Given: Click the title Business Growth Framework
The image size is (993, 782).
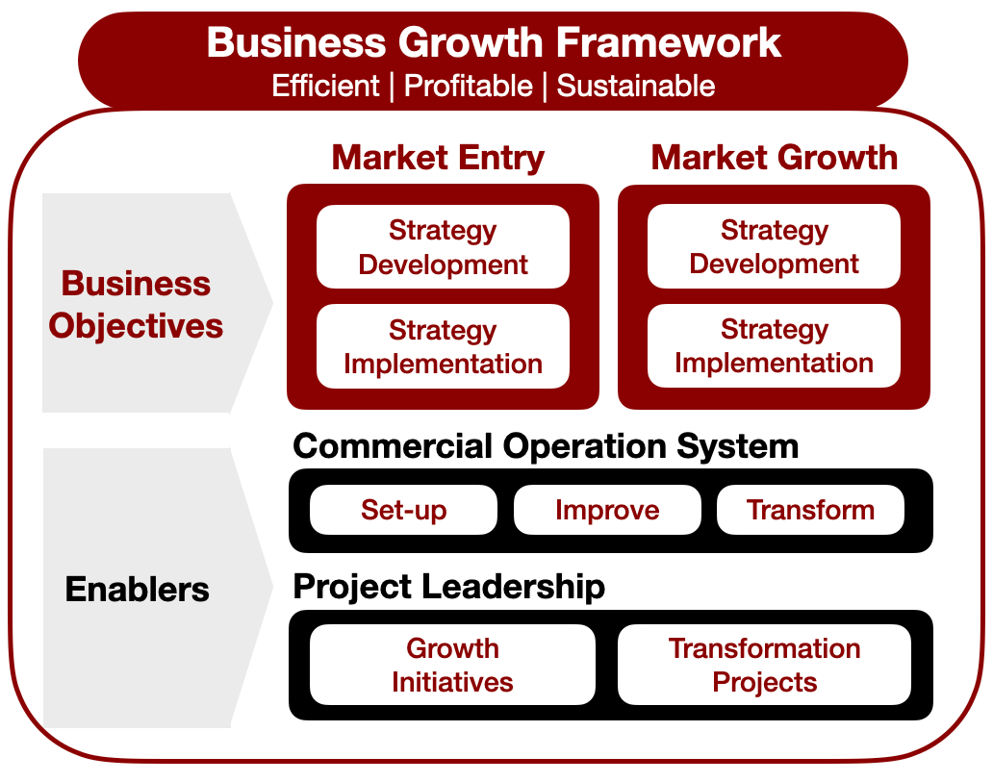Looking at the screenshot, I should click(x=493, y=43).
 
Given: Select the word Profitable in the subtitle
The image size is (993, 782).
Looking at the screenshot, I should click(x=468, y=86).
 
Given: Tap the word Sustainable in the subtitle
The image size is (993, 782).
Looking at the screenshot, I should click(x=636, y=86).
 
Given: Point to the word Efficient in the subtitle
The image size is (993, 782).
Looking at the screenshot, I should click(x=325, y=86).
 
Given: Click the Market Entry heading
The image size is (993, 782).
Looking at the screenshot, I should click(x=438, y=158).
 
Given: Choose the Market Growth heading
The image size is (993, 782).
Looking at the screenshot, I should click(x=774, y=158).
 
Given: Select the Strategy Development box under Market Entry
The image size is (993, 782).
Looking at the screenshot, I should click(x=443, y=247).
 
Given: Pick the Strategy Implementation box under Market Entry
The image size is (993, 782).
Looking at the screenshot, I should click(x=443, y=347).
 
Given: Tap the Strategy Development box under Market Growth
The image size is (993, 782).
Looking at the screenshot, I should click(x=774, y=246).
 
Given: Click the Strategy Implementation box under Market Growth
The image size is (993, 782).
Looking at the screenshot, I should click(x=774, y=346).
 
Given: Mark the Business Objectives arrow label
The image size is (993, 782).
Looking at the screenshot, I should click(x=136, y=304).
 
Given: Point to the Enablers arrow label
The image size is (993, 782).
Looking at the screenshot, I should click(x=137, y=589).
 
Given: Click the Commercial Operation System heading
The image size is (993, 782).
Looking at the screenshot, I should click(x=546, y=446).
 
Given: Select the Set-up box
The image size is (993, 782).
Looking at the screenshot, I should click(x=403, y=510).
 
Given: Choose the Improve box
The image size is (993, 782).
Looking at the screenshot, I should click(x=607, y=510).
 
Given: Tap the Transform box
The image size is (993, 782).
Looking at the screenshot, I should click(x=810, y=510).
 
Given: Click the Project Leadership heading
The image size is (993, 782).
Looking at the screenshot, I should click(x=448, y=586).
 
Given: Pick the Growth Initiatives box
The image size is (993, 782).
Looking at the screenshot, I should click(x=452, y=665).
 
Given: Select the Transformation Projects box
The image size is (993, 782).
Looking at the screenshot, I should click(x=764, y=665).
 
